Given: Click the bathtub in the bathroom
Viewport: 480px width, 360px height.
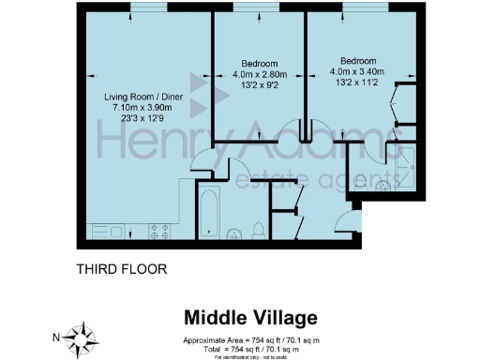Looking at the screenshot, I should click(x=208, y=214).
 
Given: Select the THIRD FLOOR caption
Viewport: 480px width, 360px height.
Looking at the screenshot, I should click(x=121, y=269).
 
